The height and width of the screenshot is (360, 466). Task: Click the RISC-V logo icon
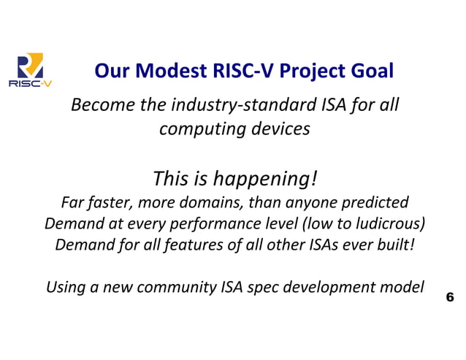click(30, 70)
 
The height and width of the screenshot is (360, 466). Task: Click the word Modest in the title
click(161, 71)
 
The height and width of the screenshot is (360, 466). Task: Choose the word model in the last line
click(402, 286)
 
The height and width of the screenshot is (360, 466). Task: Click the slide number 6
click(449, 297)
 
